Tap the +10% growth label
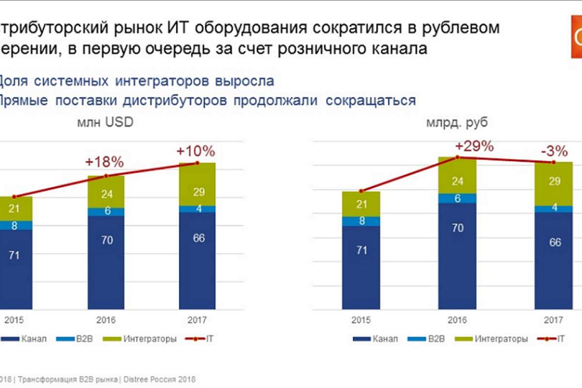195,151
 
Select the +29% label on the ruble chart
474,145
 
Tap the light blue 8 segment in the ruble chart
361,221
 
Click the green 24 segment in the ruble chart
457,181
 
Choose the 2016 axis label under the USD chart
106,320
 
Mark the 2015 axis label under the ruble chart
361,320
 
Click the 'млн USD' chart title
105,123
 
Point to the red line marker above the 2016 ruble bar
457,157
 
